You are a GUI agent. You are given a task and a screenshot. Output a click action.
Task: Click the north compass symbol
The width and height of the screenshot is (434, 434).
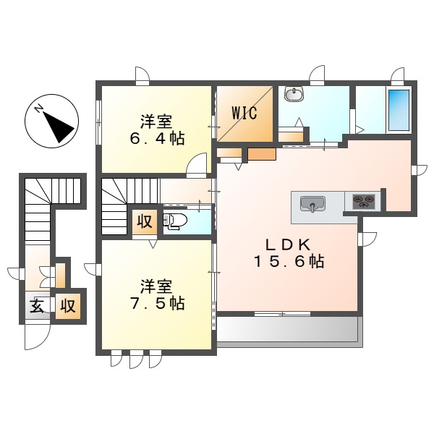click(x=52, y=121)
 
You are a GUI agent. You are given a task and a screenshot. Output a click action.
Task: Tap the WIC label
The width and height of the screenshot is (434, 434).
click(x=244, y=114)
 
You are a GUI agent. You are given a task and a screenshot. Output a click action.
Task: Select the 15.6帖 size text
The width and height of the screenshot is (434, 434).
click(x=287, y=262)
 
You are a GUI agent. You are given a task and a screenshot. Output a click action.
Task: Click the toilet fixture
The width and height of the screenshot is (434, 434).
click(x=176, y=221)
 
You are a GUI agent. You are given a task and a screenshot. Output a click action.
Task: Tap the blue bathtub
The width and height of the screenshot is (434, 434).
click(x=398, y=110)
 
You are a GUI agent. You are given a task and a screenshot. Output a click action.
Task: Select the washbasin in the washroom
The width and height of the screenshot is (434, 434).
click(x=293, y=95)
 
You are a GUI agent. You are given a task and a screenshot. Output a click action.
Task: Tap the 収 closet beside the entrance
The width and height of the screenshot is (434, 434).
click(x=68, y=305)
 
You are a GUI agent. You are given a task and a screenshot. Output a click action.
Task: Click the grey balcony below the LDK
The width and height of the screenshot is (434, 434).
click(x=288, y=329)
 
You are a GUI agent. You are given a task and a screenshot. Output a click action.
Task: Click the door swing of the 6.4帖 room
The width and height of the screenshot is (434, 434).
click(x=196, y=166)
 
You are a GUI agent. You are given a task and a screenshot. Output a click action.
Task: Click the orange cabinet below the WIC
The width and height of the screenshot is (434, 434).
click(x=262, y=154)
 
